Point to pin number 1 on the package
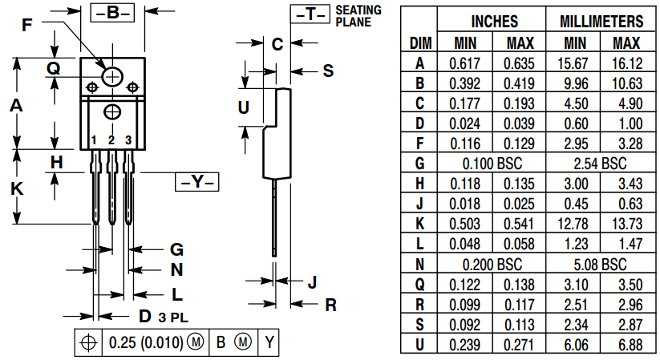tap(94, 141)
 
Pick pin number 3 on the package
tap(128, 141)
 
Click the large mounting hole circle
tap(112, 76)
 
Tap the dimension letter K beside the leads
tap(16, 189)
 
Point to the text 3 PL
tap(173, 317)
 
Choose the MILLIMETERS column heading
tap(601, 22)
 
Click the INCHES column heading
tap(492, 22)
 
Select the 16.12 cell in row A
tap(627, 63)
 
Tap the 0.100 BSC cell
tap(492, 163)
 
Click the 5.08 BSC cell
tap(601, 263)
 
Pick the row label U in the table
tap(419, 343)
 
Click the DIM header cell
tap(419, 42)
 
